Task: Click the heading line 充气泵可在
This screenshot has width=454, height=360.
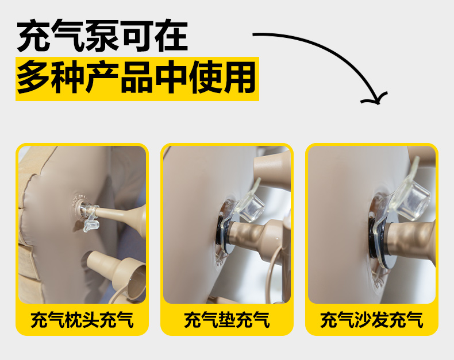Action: click(x=102, y=36)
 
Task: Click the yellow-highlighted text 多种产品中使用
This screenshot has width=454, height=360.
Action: click(x=136, y=78)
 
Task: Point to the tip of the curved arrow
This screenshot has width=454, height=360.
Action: click(x=378, y=104)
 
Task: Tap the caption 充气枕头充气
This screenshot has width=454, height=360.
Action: click(x=82, y=320)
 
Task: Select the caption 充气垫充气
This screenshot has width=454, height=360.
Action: click(x=227, y=320)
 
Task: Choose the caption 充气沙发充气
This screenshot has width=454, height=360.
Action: click(x=372, y=320)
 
